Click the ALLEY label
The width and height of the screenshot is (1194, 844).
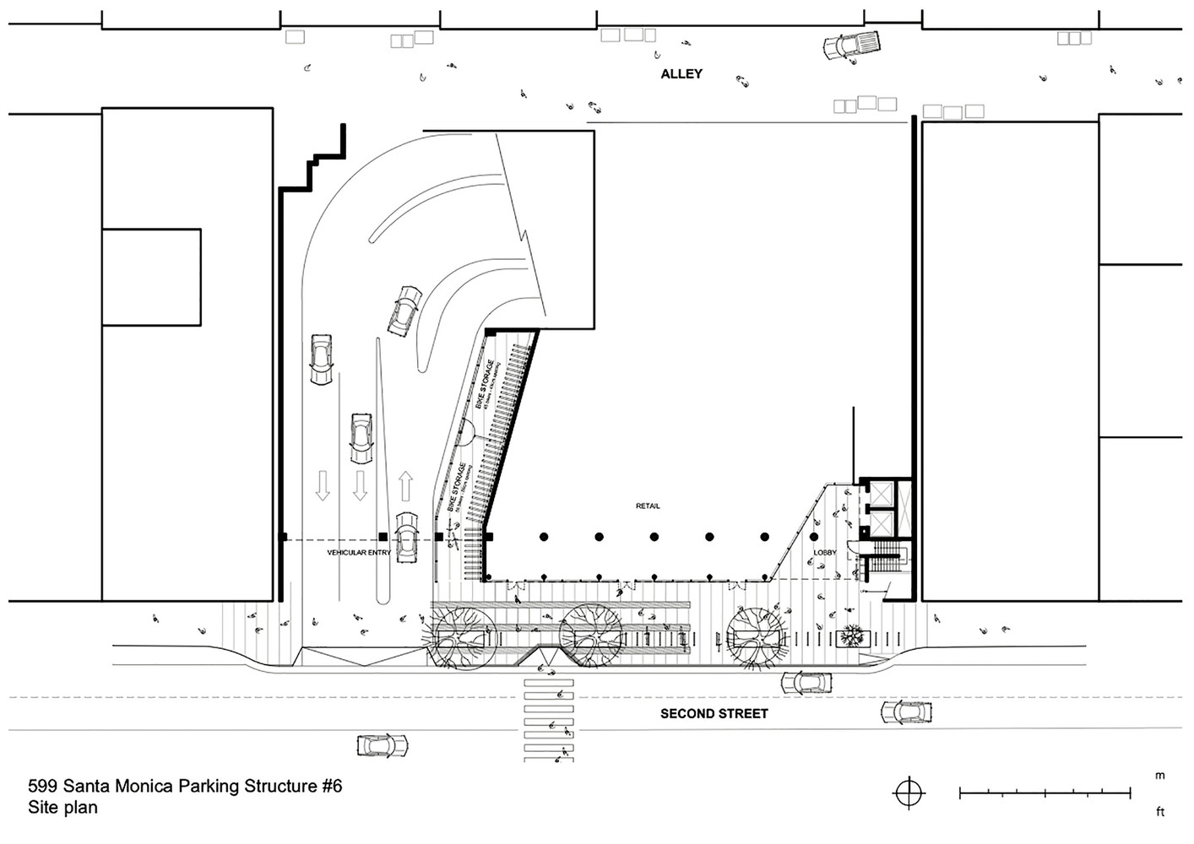point(681,74)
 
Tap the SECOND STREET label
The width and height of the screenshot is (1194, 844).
point(714,713)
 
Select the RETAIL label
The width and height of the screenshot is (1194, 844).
point(648,506)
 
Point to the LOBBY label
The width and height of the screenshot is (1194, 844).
point(824,553)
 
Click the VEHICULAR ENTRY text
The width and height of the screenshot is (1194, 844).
point(359,553)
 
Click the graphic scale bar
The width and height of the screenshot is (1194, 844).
point(1045,793)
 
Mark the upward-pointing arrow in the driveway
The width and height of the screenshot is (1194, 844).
point(405,486)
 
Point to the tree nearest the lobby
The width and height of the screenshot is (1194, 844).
point(757,636)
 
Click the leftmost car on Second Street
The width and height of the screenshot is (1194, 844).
point(383,745)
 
